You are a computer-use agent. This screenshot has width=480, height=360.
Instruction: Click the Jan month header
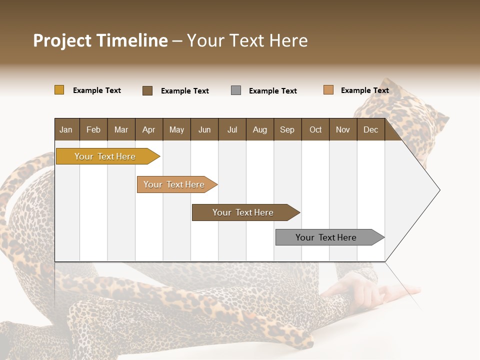click(x=66, y=129)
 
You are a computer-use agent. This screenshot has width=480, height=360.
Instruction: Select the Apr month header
click(x=148, y=129)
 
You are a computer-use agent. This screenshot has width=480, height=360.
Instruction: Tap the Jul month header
click(x=232, y=129)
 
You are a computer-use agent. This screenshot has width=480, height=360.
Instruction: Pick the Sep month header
click(x=287, y=129)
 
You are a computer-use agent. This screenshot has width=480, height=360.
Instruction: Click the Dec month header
click(x=370, y=129)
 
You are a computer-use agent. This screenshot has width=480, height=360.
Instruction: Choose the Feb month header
click(x=93, y=129)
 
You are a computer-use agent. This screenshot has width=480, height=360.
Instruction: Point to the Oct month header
click(x=315, y=129)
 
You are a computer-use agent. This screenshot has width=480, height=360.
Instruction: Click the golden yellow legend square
click(x=59, y=90)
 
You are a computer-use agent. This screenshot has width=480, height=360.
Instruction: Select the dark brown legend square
click(x=147, y=90)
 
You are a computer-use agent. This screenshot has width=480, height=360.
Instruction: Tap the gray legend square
click(x=236, y=90)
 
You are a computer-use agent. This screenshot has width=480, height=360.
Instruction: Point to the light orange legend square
click(x=328, y=90)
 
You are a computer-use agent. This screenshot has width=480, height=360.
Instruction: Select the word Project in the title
click(x=62, y=40)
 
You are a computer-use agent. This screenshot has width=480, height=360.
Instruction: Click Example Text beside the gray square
click(x=273, y=91)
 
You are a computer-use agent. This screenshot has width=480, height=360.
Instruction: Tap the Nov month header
click(x=343, y=129)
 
